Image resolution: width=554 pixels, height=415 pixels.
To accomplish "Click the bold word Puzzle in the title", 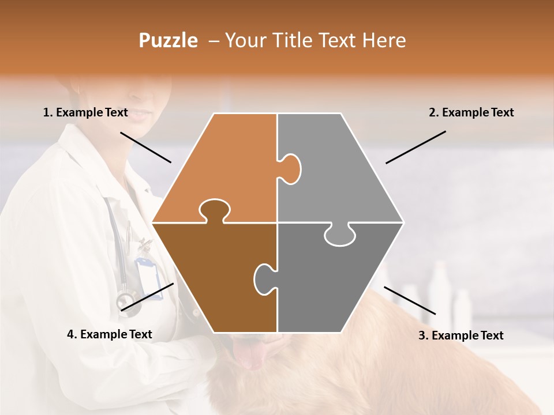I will [x=168, y=40].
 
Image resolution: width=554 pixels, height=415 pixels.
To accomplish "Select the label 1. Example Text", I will [x=85, y=112].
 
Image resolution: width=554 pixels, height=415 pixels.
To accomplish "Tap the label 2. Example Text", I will [x=471, y=112].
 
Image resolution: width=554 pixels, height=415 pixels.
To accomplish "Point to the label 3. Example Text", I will [x=461, y=335].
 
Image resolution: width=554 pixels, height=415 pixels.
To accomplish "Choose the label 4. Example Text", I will [x=110, y=334].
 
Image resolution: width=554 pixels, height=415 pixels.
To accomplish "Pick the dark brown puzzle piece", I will [x=214, y=277].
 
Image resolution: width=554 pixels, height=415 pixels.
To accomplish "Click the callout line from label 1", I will [x=145, y=147].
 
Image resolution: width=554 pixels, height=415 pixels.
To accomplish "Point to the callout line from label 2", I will [x=415, y=147].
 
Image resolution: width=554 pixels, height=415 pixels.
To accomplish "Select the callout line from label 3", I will [x=410, y=300].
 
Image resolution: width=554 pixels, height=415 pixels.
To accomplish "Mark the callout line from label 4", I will [x=147, y=297].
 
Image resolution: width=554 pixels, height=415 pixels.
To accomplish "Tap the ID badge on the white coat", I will [x=149, y=277].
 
